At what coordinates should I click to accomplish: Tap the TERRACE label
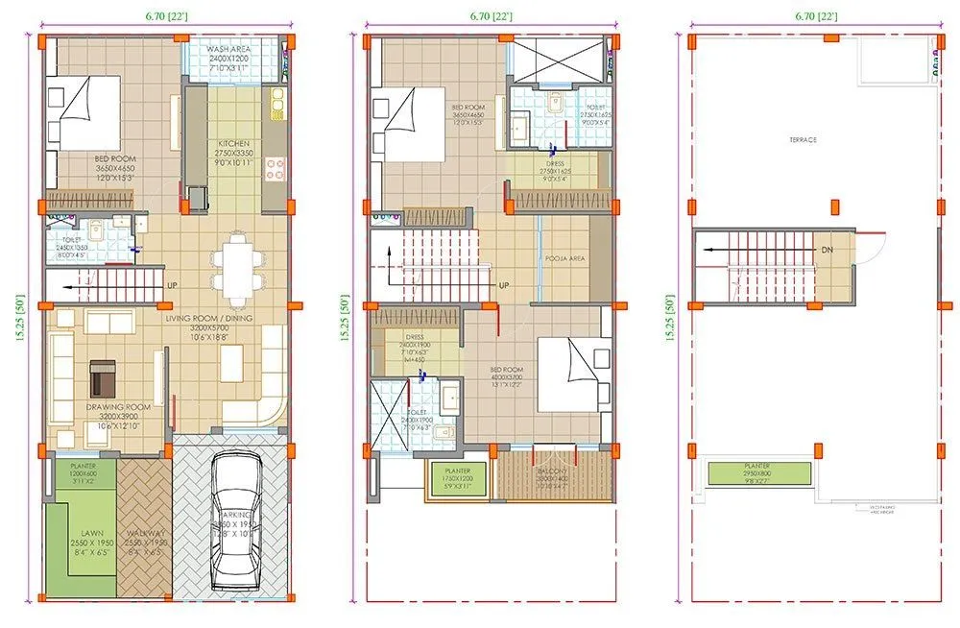[x=803, y=139]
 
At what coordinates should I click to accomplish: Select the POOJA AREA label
[x=564, y=259]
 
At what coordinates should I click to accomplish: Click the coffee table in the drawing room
[x=102, y=377]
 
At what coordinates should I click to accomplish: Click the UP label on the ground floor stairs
[x=172, y=285]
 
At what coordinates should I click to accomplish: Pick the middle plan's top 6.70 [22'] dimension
[x=492, y=16]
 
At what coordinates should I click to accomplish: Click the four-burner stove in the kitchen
[x=276, y=169]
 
